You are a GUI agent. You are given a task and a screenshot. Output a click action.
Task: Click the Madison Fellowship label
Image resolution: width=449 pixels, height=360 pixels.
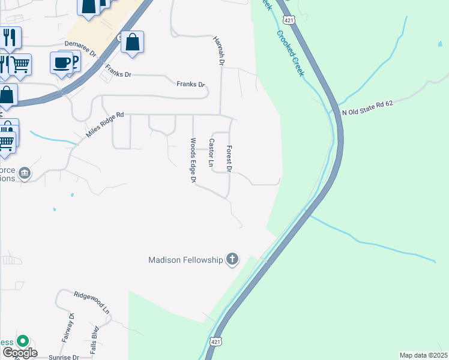pyautogui.click(x=185, y=260)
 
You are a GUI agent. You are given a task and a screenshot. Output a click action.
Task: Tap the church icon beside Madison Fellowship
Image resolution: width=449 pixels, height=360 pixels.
pyautogui.click(x=232, y=260)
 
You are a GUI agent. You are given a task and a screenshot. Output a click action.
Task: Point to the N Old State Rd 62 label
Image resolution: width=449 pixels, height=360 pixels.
pyautogui.click(x=367, y=108)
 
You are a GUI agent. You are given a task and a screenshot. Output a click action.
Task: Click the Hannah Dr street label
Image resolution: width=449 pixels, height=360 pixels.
pyautogui.click(x=218, y=50)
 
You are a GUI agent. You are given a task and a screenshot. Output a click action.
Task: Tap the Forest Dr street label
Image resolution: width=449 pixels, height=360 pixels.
pyautogui.click(x=229, y=157)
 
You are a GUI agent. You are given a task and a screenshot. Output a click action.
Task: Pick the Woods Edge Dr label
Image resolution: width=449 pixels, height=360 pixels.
pyautogui.click(x=193, y=161)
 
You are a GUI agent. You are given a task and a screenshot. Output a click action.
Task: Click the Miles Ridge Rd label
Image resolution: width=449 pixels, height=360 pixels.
pyautogui.click(x=104, y=125)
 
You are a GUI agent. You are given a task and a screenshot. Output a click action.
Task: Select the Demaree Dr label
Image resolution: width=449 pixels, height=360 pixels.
pyautogui.click(x=81, y=49)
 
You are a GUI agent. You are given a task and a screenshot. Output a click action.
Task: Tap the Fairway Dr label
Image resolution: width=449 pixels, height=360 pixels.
pyautogui.click(x=67, y=328)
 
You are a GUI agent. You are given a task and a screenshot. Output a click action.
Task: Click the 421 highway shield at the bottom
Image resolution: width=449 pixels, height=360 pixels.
pyautogui.click(x=216, y=341)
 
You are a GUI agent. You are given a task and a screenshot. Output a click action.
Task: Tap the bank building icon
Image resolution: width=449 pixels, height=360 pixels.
pyautogui.click(x=25, y=174)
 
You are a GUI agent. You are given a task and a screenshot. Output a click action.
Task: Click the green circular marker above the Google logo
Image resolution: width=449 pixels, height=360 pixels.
pyautogui.click(x=23, y=341)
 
